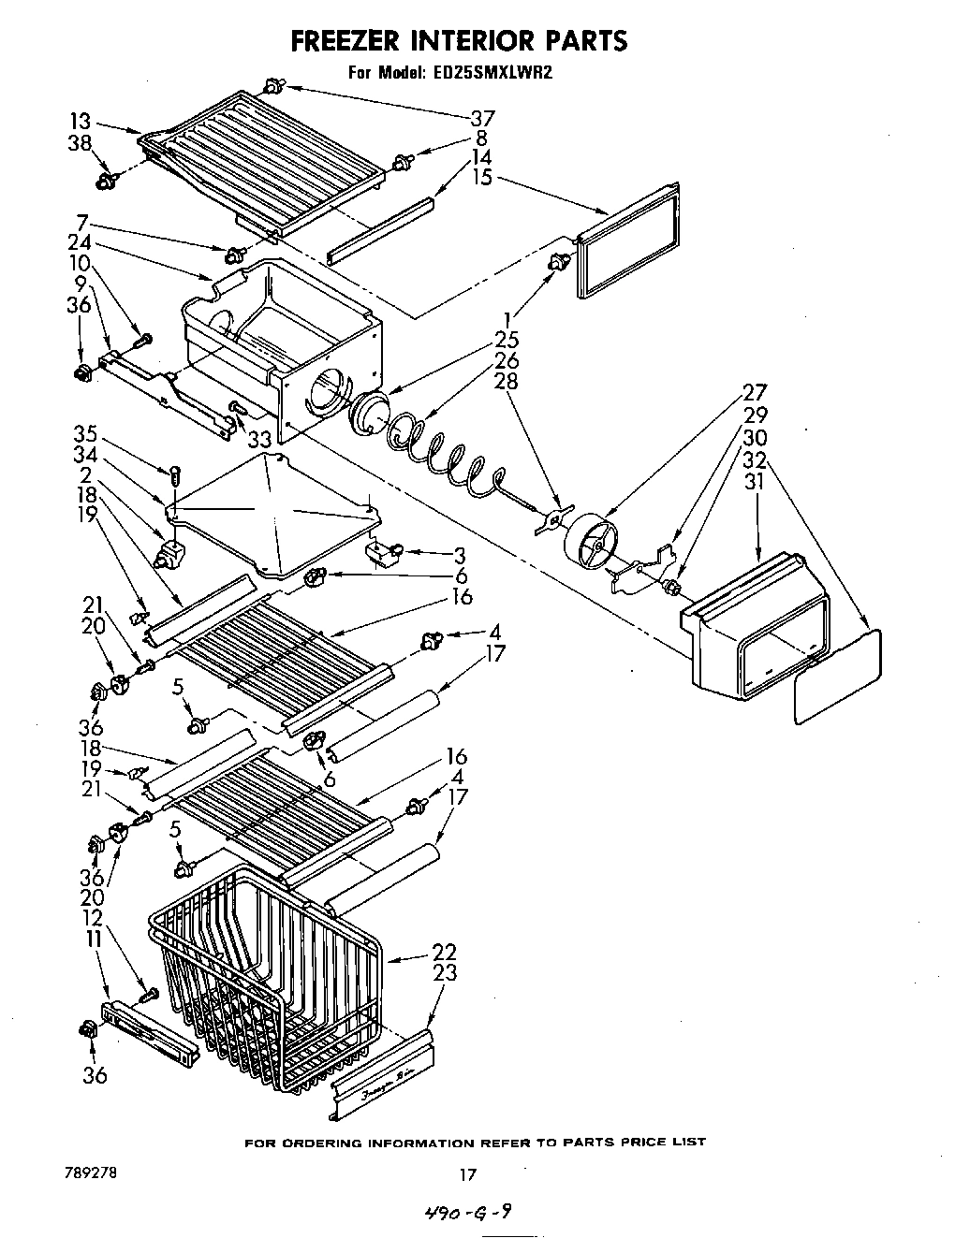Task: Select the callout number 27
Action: coord(755,392)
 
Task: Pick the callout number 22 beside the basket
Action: coord(444,952)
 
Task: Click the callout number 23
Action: coord(444,972)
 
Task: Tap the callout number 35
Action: coord(85,434)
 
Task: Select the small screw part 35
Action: coord(175,477)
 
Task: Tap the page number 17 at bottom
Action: coord(468,1174)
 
